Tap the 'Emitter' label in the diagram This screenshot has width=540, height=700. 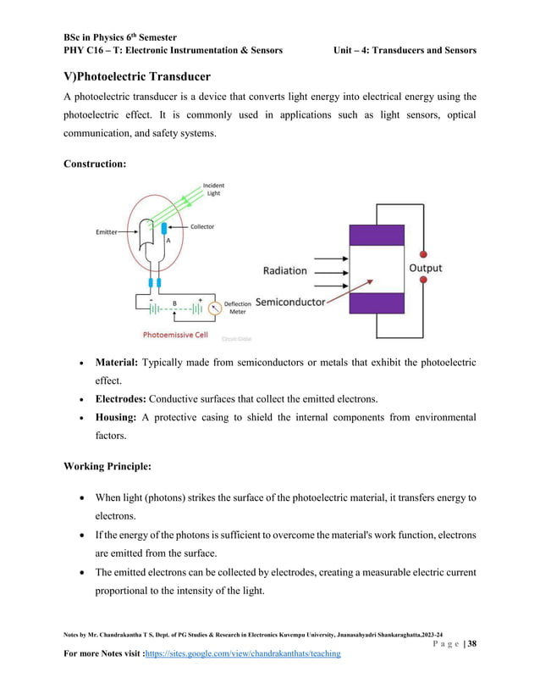click(x=106, y=231)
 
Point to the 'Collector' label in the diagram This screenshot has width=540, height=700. click(x=201, y=226)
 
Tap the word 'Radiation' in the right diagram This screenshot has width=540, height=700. click(x=284, y=270)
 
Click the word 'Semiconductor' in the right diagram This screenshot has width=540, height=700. click(x=289, y=302)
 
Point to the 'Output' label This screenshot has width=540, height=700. click(x=425, y=268)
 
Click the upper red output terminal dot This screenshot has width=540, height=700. click(x=424, y=253)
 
